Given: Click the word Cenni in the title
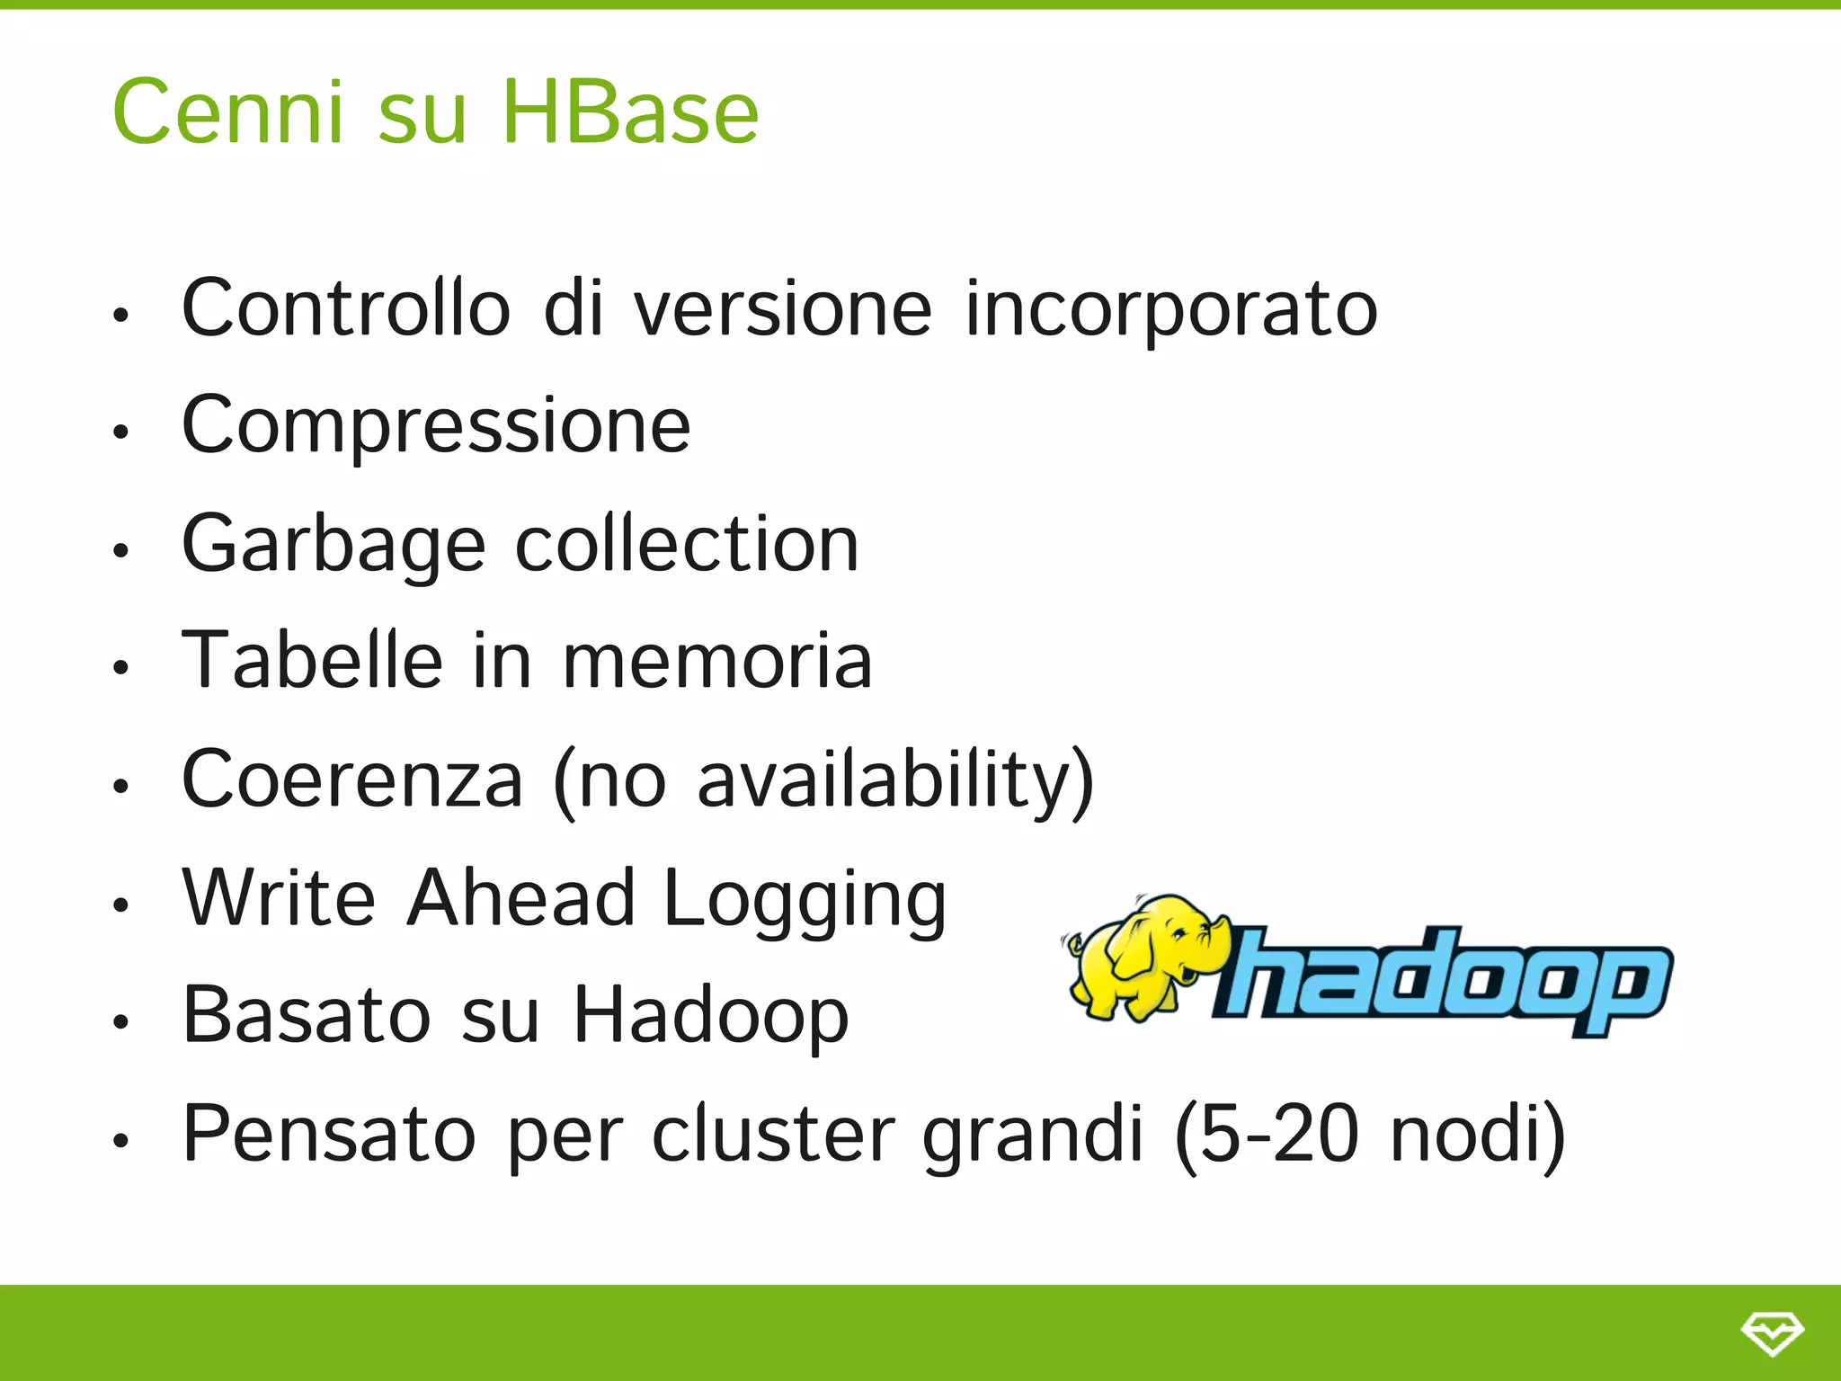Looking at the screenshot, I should (x=228, y=112).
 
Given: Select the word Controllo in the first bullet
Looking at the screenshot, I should (x=346, y=308).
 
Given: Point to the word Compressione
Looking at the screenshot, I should (x=436, y=427).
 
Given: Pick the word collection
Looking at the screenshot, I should (x=687, y=544).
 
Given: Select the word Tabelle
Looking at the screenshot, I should (x=312, y=661).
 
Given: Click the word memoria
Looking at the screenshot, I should (x=716, y=663).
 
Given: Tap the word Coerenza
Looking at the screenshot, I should (x=352, y=780).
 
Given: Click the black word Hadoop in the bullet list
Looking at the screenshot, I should (x=710, y=1016).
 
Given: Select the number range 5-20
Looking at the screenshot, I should (x=1278, y=1134).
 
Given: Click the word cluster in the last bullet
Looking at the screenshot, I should (x=773, y=1134).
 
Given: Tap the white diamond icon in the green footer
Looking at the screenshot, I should (x=1772, y=1332).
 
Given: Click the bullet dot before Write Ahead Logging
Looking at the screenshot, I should (x=121, y=904).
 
